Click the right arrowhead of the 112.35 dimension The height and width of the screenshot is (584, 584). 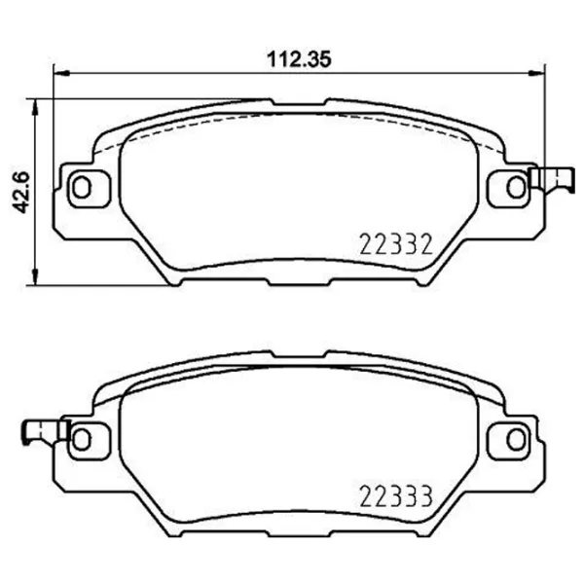[537, 71]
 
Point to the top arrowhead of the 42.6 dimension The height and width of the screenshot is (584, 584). [37, 103]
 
